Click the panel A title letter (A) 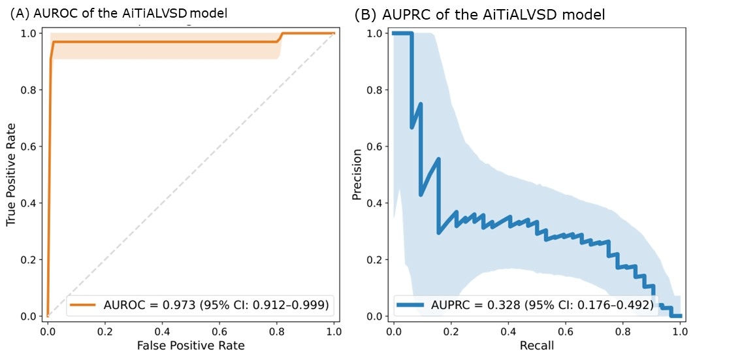[20, 13]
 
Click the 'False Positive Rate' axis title [191, 346]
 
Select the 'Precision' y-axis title [357, 174]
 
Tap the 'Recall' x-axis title [536, 346]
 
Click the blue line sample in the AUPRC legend [411, 304]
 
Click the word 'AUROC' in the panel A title [51, 13]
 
